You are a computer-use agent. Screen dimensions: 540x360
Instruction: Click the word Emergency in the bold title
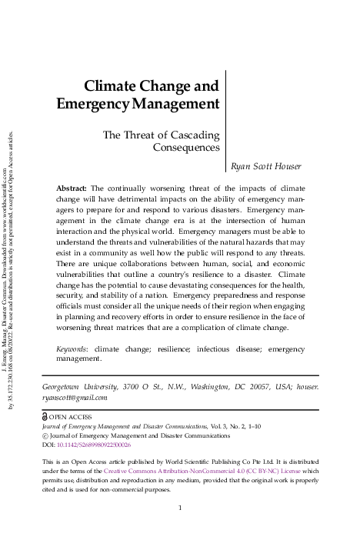pyautogui.click(x=94, y=104)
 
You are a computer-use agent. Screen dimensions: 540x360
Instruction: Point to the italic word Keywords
pyautogui.click(x=72, y=348)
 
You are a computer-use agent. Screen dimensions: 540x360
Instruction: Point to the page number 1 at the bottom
pyautogui.click(x=179, y=508)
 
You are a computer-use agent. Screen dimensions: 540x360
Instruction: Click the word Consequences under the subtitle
pyautogui.click(x=186, y=147)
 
